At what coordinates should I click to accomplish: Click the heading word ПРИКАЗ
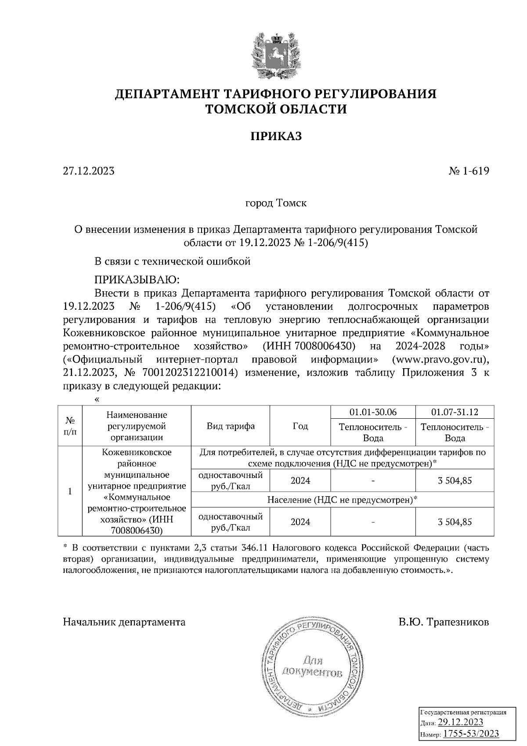[x=276, y=137]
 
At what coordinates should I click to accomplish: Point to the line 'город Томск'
[x=275, y=203]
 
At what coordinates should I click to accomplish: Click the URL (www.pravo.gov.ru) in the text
[x=440, y=360]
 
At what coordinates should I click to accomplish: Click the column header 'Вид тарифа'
[x=231, y=426]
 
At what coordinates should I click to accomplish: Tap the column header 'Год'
[x=300, y=426]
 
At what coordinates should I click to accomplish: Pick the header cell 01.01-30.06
[x=373, y=412]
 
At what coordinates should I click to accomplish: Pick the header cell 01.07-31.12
[x=455, y=412]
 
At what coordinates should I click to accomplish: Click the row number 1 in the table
[x=70, y=491]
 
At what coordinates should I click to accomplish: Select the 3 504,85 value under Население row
[x=455, y=522]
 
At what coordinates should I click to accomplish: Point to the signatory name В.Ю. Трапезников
[x=444, y=622]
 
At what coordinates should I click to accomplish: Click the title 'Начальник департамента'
[x=124, y=622]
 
